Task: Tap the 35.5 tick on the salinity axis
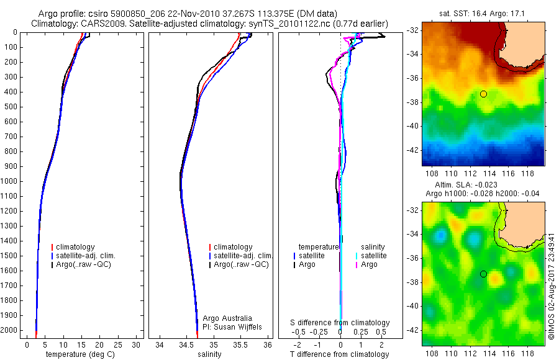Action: click(240, 344)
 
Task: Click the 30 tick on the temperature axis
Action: click(135, 344)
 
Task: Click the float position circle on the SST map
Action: click(483, 94)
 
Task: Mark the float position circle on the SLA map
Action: click(483, 274)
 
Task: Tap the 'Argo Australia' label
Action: click(228, 318)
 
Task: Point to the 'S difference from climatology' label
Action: click(340, 323)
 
